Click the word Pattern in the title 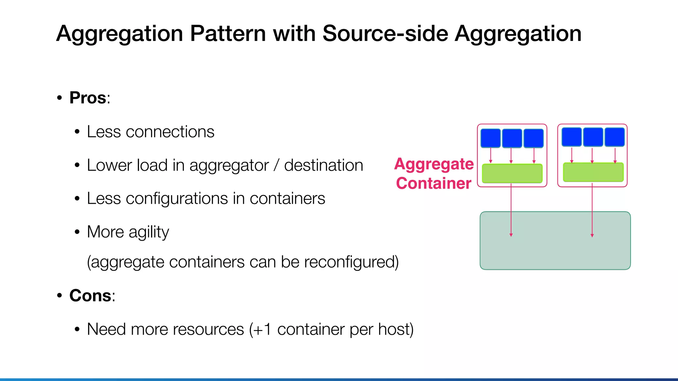click(x=228, y=34)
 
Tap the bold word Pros click(x=88, y=98)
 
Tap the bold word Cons click(x=90, y=295)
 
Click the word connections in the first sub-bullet click(x=170, y=132)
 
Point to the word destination click(x=323, y=165)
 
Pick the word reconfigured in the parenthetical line click(x=351, y=262)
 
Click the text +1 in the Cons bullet click(x=263, y=329)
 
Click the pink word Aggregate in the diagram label click(x=434, y=164)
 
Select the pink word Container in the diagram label click(x=434, y=183)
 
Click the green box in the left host click(x=512, y=173)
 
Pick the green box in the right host click(x=593, y=172)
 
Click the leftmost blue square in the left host click(x=490, y=138)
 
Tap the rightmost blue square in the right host click(x=614, y=137)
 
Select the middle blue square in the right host click(x=593, y=137)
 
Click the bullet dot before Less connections click(x=77, y=132)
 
